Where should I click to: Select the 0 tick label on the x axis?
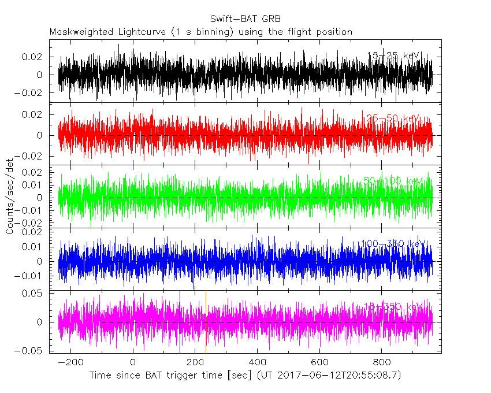point(133,363)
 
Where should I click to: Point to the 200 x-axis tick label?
point(195,363)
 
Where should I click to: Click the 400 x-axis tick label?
point(257,363)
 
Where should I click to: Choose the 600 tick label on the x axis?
point(319,363)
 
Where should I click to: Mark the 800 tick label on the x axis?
point(381,363)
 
